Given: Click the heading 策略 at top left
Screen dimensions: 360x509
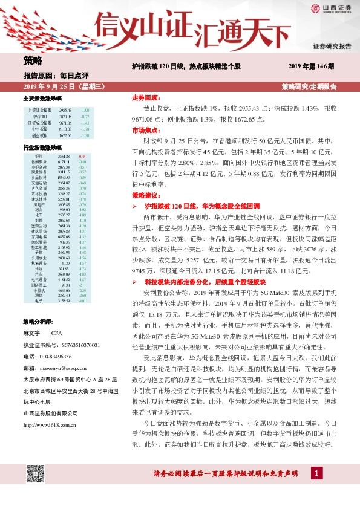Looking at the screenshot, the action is (x=33, y=60).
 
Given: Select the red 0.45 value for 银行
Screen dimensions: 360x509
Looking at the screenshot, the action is (x=83, y=156).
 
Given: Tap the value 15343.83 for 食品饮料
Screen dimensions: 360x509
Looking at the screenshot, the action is (x=65, y=177).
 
